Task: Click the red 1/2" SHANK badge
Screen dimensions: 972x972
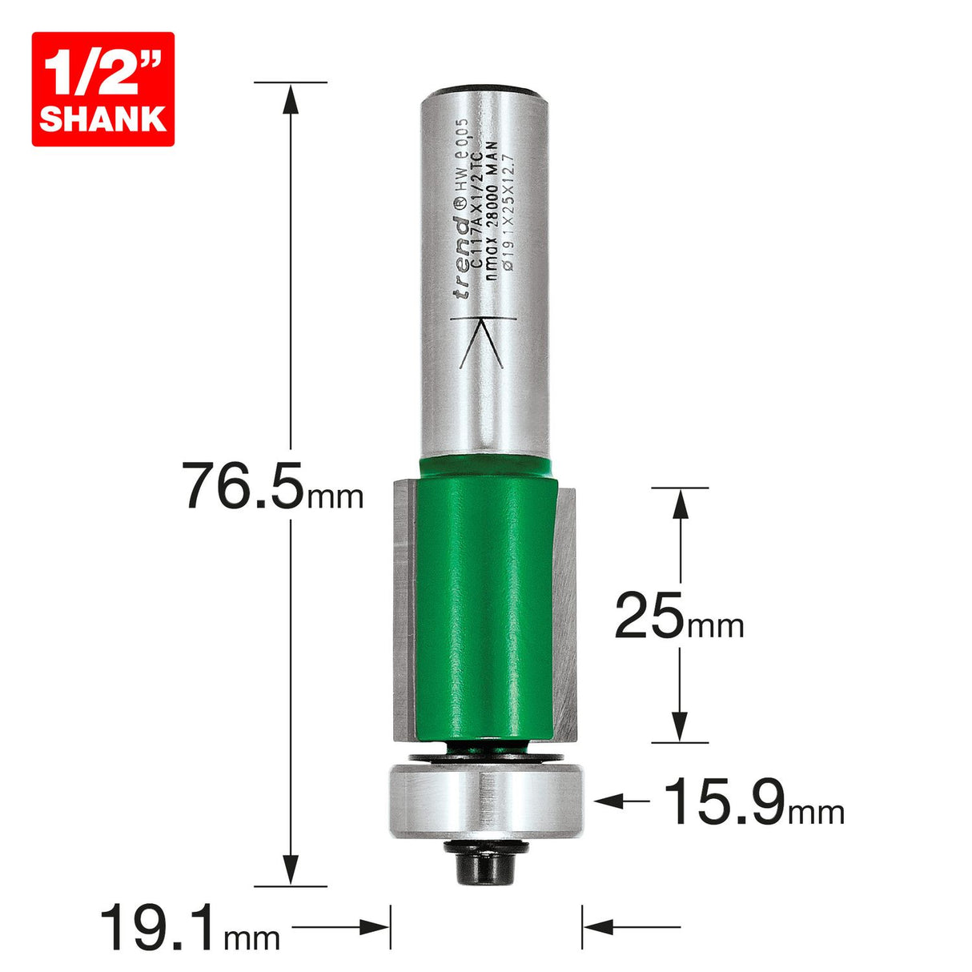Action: coord(102,89)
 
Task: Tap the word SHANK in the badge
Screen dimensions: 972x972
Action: coord(102,118)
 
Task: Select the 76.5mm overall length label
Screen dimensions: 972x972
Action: coord(273,486)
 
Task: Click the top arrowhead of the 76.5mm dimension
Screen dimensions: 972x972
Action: coord(291,96)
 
